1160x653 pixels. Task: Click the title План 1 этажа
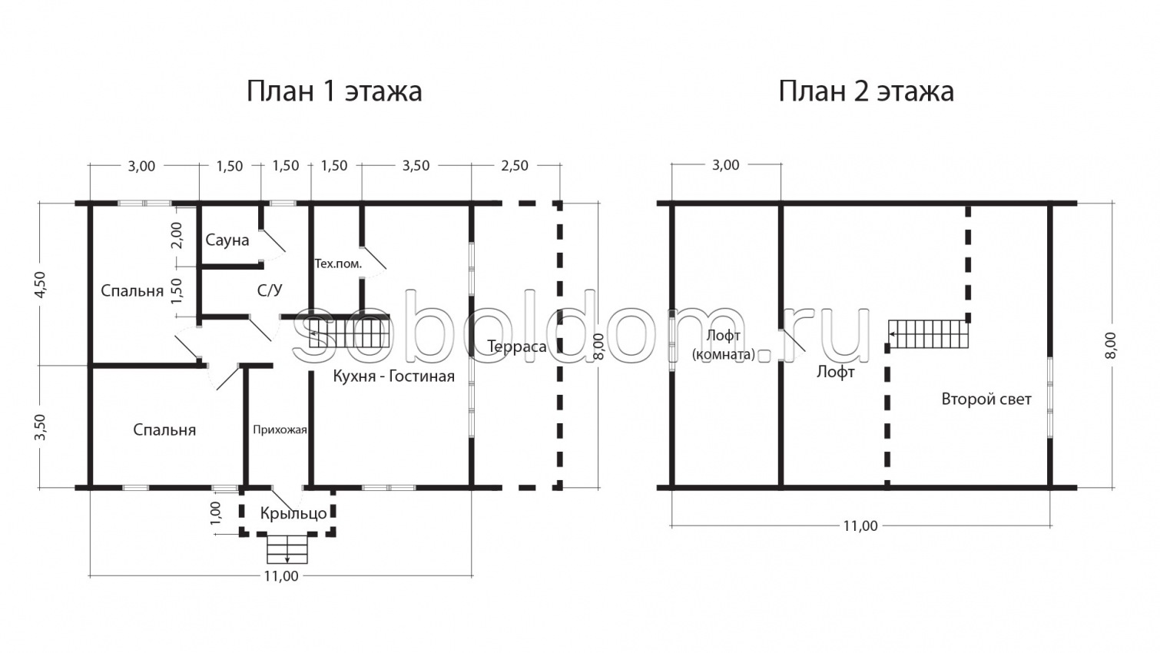point(333,91)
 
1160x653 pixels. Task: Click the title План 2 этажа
point(866,91)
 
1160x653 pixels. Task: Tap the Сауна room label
point(227,240)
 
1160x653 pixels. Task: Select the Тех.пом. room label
point(338,264)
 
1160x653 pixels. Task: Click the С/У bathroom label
point(269,290)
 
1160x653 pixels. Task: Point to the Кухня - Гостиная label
point(393,376)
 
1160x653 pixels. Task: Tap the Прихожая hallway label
point(280,430)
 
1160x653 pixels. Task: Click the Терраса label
point(517,347)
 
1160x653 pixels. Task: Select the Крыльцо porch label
point(293,513)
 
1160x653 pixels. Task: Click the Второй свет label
point(986,399)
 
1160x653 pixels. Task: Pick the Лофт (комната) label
point(723,345)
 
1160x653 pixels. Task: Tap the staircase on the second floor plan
point(929,334)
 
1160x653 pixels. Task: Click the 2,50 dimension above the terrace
point(514,166)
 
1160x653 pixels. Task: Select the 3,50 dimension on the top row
point(416,166)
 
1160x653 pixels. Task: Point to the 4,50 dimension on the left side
point(41,284)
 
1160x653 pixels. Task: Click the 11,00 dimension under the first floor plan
point(280,576)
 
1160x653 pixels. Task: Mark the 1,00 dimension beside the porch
point(216,513)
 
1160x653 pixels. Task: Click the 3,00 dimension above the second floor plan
point(725,165)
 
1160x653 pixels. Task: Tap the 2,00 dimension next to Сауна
point(177,235)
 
